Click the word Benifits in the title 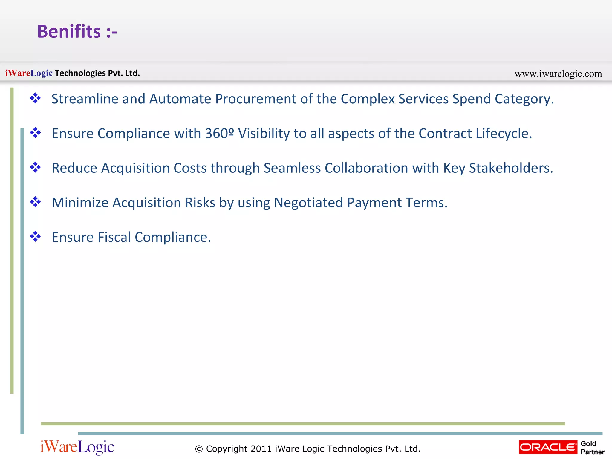point(69,31)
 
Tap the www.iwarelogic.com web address point(558,74)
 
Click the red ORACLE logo point(548,447)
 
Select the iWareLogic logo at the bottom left point(77,447)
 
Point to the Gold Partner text point(592,448)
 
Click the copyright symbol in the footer point(199,449)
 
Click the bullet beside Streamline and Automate point(35,98)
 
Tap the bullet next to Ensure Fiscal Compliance point(35,237)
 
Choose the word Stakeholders point(511,168)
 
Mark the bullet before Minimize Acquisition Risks point(35,202)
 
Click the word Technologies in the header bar point(80,73)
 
